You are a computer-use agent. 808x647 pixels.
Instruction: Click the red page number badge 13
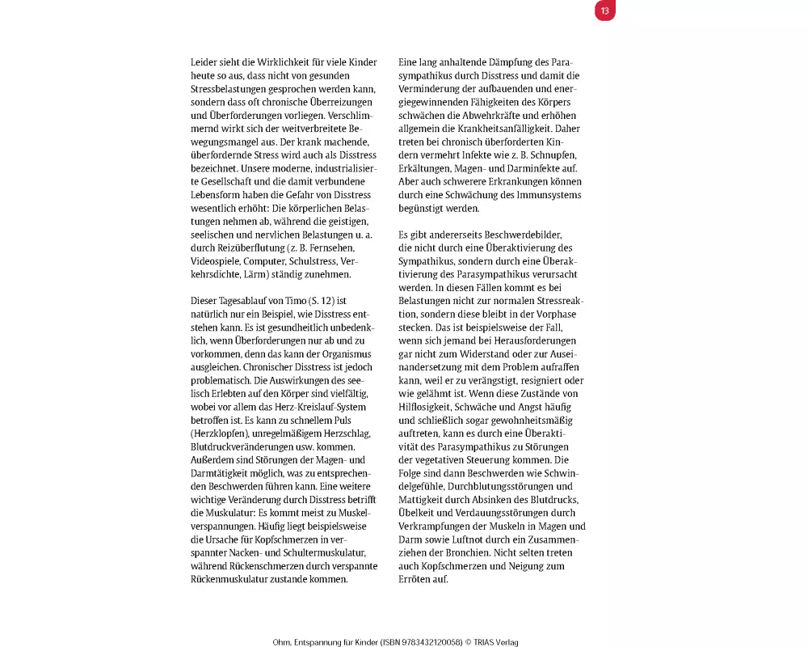coord(604,11)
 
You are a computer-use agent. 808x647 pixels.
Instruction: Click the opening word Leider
coord(205,62)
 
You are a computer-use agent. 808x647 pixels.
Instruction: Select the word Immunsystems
coord(548,195)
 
